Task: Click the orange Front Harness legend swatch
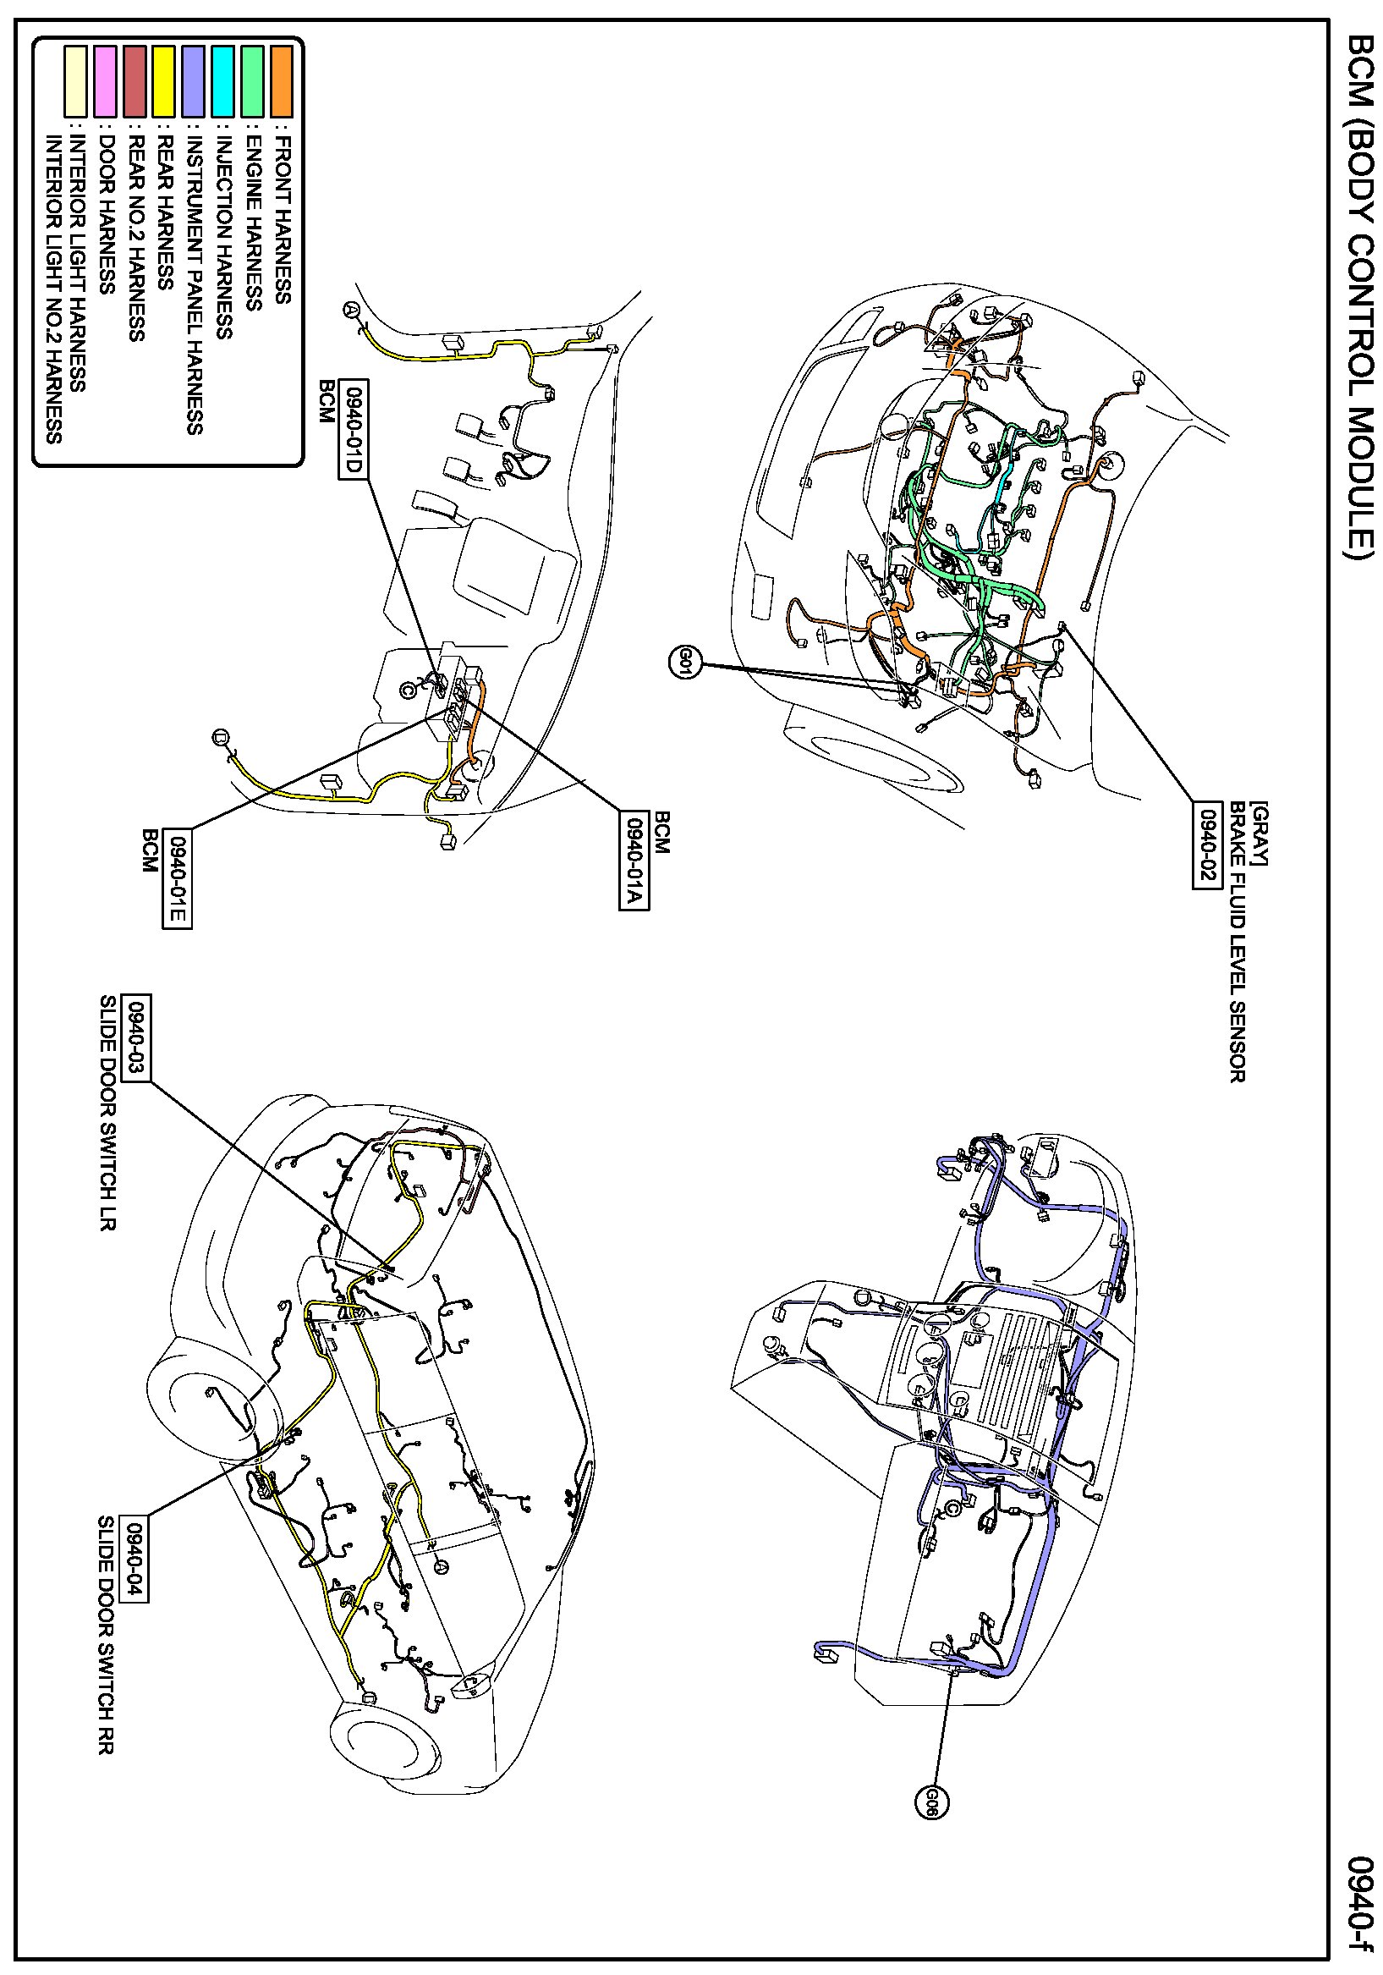[280, 81]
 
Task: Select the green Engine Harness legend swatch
[251, 81]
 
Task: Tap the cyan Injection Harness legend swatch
[222, 81]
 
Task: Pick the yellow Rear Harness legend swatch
[163, 81]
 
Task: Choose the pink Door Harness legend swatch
[105, 81]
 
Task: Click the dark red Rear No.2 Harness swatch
[134, 81]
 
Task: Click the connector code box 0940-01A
[633, 861]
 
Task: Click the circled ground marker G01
[683, 663]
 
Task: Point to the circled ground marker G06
[930, 1801]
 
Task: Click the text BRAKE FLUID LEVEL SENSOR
[1236, 942]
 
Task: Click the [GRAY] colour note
[1260, 833]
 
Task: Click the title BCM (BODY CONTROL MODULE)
[1360, 297]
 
